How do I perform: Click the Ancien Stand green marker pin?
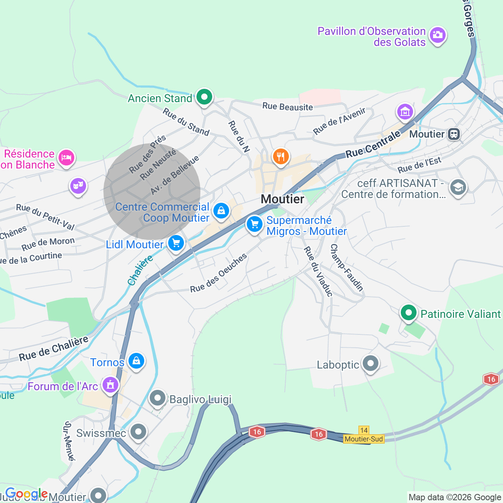(204, 97)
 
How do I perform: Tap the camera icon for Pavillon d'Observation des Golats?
(437, 35)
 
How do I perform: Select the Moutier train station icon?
(454, 134)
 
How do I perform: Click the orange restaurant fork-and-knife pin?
(281, 157)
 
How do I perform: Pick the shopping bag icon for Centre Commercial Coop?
(221, 211)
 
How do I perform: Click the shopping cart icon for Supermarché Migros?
(255, 224)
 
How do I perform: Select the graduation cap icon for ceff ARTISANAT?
(458, 187)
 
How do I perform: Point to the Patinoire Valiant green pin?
(409, 313)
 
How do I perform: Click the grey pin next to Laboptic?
(371, 363)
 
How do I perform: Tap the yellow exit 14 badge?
(364, 430)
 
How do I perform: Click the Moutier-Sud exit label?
(363, 439)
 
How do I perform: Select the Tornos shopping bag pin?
(136, 360)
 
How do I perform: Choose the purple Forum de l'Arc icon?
(110, 385)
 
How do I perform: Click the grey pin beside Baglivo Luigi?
(158, 398)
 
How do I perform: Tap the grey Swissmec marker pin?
(138, 432)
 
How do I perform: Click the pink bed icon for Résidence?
(66, 158)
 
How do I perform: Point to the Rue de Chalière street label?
(54, 349)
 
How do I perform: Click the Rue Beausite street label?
(288, 106)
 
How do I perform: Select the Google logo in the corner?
(26, 494)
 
